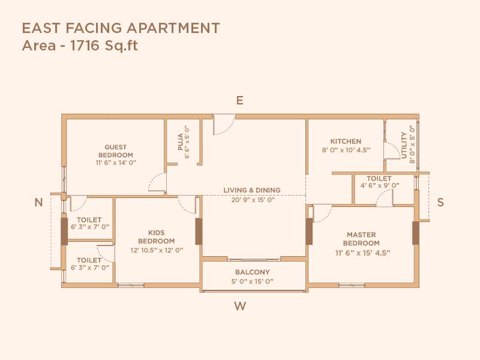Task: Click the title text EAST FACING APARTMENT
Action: click(x=121, y=28)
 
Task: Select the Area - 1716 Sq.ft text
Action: click(x=80, y=46)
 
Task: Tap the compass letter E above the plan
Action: click(x=239, y=101)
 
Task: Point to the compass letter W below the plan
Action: click(x=240, y=307)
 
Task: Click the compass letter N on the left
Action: click(x=38, y=203)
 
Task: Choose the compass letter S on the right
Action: click(x=440, y=203)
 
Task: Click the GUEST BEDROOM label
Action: click(x=116, y=151)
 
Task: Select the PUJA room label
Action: click(x=179, y=142)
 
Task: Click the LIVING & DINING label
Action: click(x=252, y=190)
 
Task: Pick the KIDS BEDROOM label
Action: click(x=156, y=236)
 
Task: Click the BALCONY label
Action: click(x=252, y=272)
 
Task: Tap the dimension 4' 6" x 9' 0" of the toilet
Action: click(x=379, y=186)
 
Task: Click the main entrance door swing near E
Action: click(x=223, y=124)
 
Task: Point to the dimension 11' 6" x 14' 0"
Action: click(x=116, y=163)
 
